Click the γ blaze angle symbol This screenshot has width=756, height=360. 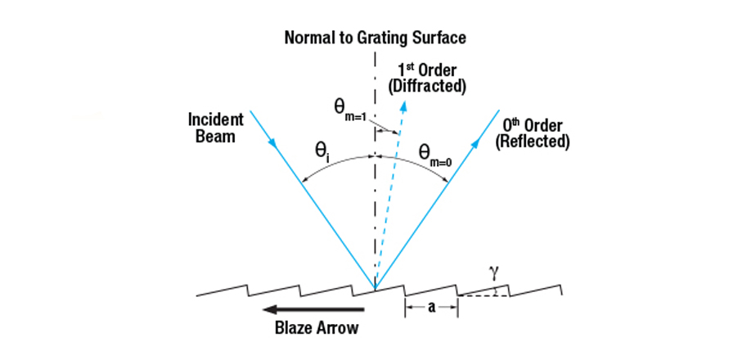click(493, 269)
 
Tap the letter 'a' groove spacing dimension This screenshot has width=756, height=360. click(430, 308)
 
